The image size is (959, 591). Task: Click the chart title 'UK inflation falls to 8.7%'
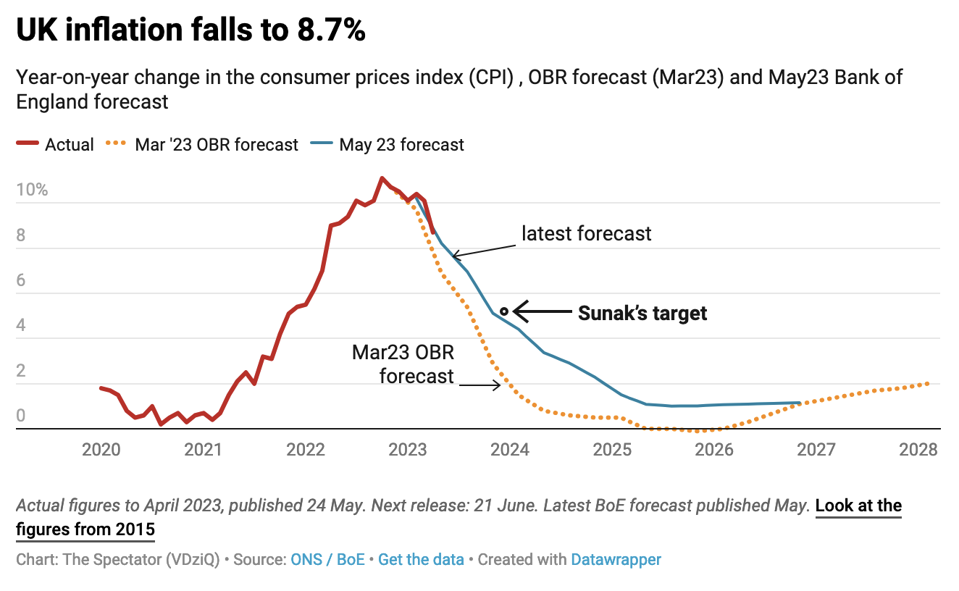190,30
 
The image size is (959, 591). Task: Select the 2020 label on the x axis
101,450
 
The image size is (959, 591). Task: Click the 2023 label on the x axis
408,450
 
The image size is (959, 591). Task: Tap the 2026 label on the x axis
714,450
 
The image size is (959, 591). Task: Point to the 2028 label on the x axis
918,450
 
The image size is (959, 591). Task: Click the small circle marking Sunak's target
504,311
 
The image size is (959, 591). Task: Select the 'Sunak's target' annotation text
642,313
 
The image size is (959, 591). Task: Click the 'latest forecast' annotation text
587,233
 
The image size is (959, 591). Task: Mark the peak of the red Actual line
382,177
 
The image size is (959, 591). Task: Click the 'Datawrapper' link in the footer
616,559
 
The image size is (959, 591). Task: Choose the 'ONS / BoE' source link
327,559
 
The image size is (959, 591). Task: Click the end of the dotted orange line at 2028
928,383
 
